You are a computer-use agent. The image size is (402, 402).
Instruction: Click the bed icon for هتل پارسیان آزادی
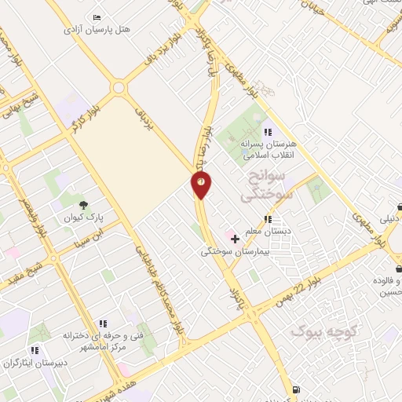(x=97, y=17)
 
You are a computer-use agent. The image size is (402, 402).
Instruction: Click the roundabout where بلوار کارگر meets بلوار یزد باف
(x=120, y=88)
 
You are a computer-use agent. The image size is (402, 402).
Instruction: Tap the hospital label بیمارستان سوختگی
(x=235, y=251)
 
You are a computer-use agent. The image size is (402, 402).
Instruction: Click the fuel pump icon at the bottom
(x=294, y=389)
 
